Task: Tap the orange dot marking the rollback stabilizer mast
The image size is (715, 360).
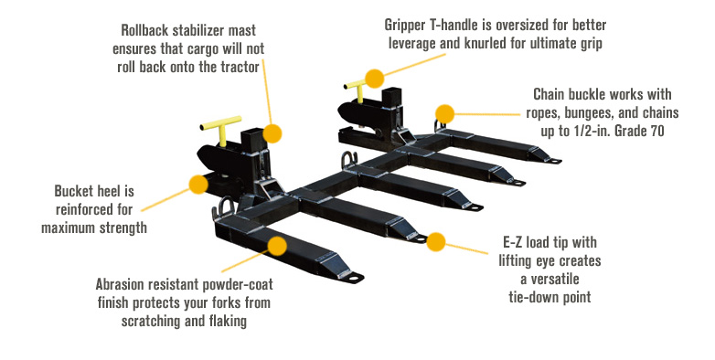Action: [272, 133]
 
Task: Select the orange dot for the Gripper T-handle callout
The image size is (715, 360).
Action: [373, 78]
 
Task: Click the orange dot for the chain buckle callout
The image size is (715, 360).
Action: [444, 114]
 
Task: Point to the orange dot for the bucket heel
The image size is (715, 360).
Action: [197, 185]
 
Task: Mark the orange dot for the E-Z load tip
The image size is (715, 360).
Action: [436, 242]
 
